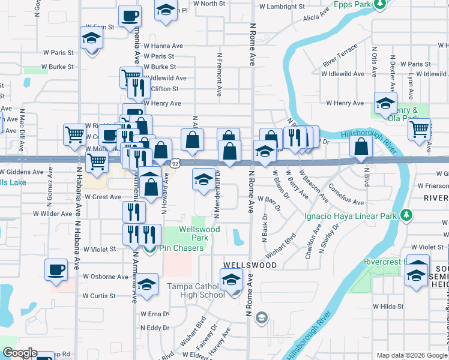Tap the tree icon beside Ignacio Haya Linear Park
407,215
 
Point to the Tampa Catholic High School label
196,290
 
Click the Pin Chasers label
179,248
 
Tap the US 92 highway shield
175,163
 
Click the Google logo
19,353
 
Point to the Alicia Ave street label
316,14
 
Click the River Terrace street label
340,55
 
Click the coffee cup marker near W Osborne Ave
56,269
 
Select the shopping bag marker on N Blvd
360,147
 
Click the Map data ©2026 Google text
411,355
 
